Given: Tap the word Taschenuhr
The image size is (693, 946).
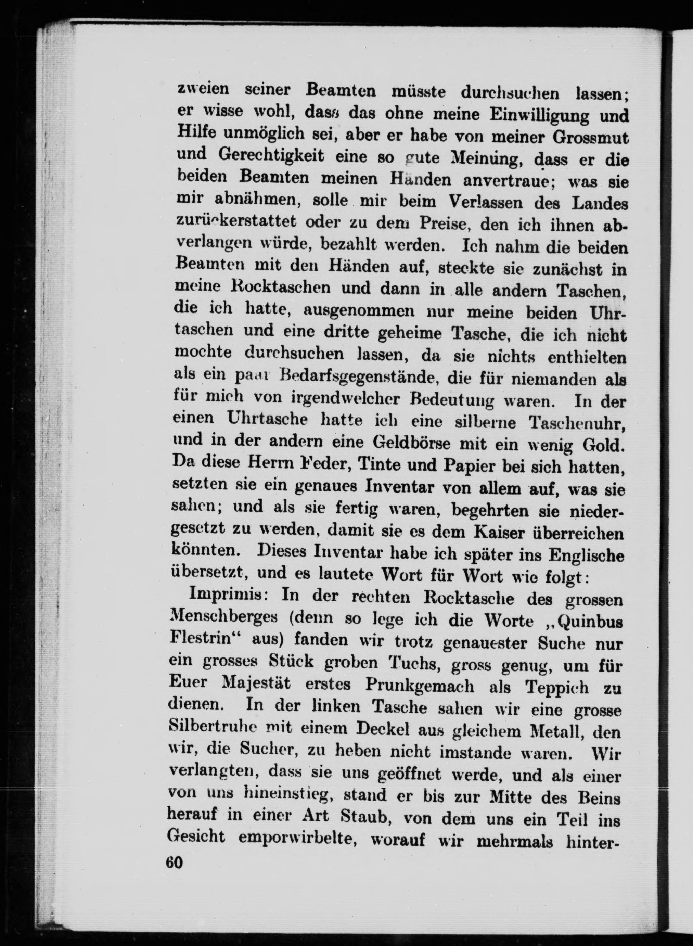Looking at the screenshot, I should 578,424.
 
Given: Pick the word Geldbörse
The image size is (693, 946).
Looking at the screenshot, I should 410,444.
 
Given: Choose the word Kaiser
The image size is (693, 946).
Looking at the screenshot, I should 498,533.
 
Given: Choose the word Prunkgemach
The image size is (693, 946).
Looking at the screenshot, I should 420,686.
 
